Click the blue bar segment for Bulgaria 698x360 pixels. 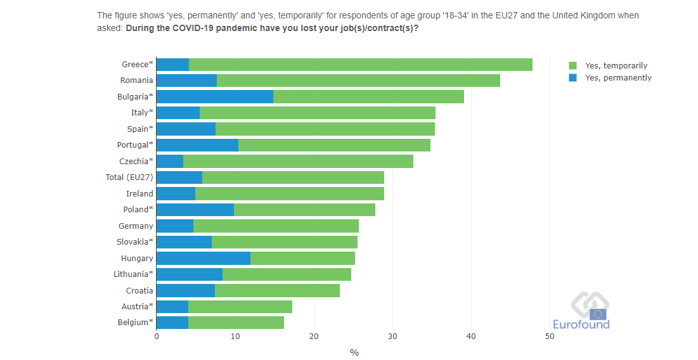click(x=214, y=96)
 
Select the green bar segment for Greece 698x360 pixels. click(x=360, y=64)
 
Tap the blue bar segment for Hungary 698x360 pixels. click(x=203, y=258)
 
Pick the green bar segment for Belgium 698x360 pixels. click(x=236, y=323)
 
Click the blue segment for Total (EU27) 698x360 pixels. click(x=179, y=177)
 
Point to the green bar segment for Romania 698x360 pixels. click(x=358, y=80)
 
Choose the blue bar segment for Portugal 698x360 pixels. click(x=197, y=145)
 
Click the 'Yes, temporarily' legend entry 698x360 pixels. click(x=616, y=65)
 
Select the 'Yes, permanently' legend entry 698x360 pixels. click(x=618, y=78)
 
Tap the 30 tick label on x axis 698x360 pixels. click(x=392, y=337)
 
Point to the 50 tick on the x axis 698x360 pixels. click(x=550, y=337)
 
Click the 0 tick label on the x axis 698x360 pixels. click(x=157, y=337)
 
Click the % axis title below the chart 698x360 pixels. click(x=354, y=352)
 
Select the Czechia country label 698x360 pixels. click(x=136, y=161)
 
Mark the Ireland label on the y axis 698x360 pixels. click(x=139, y=193)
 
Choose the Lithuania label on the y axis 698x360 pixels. click(x=133, y=274)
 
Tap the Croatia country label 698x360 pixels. click(x=139, y=290)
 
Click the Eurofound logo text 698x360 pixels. click(x=581, y=325)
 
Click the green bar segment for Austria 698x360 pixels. click(x=240, y=307)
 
